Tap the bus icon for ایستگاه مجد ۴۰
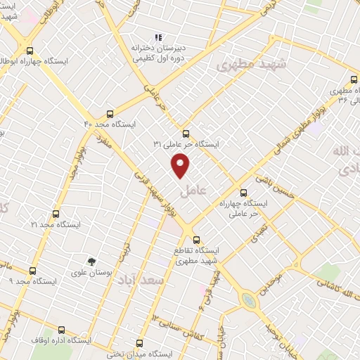109,113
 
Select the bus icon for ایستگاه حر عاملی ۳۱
186,133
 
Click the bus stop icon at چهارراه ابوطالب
30,51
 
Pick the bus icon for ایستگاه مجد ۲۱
56,214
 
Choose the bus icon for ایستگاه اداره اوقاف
61,329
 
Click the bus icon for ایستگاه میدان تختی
139,343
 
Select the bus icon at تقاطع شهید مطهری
196,239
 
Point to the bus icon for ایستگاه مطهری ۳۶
352,79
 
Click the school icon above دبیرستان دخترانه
159,37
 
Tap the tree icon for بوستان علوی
91,262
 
